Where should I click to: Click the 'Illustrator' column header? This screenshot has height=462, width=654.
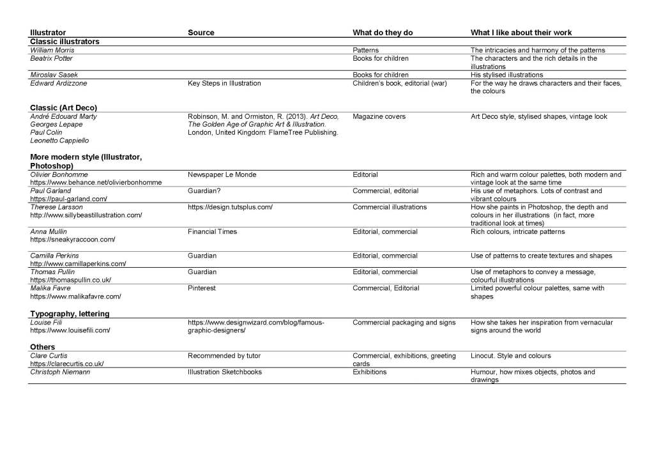[x=48, y=33]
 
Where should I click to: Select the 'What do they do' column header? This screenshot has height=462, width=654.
[x=382, y=33]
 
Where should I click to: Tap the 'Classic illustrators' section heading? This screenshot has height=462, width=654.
[x=65, y=41]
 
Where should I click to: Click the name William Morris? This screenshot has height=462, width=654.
[x=52, y=50]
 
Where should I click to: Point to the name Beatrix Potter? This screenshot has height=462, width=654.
[x=51, y=58]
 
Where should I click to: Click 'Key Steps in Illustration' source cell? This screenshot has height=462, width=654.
[x=224, y=83]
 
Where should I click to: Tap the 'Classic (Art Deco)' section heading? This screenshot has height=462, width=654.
[x=64, y=107]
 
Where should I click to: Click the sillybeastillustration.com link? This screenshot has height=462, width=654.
[x=86, y=215]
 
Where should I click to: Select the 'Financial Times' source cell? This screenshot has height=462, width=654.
[x=212, y=231]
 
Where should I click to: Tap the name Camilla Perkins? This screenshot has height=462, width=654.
[x=54, y=256]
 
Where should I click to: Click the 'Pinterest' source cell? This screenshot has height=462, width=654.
[x=202, y=288]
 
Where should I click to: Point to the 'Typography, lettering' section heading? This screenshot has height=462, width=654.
[x=70, y=314]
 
